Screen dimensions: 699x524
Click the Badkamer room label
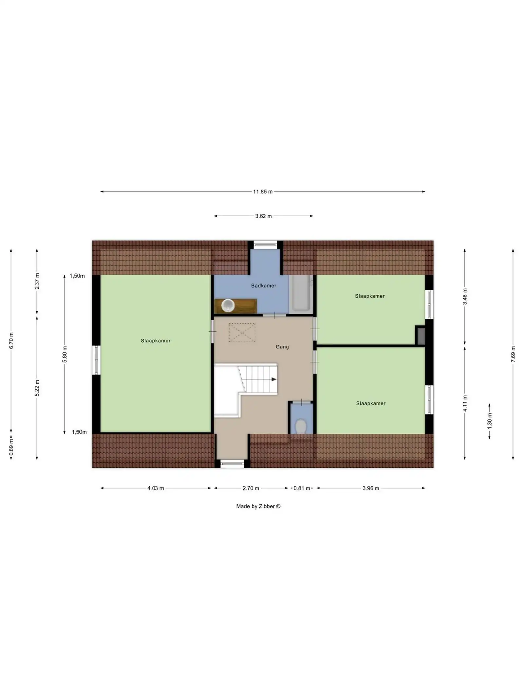coord(264,286)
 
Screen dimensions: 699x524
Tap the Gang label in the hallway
coord(282,347)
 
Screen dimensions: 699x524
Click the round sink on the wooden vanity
coord(228,305)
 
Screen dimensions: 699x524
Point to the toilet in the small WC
coord(301,426)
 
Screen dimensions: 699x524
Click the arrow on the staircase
coord(273,379)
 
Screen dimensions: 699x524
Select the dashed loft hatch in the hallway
coord(242,333)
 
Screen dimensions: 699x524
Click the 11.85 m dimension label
coord(263,192)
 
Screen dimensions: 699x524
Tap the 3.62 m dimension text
coord(263,216)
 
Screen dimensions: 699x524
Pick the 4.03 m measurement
coord(156,488)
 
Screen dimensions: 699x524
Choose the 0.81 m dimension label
coord(302,488)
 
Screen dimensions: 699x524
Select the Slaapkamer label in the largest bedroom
coord(156,341)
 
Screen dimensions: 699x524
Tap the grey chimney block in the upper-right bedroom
coord(421,336)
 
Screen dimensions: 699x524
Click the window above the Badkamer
coord(265,244)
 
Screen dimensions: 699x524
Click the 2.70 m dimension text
coord(251,488)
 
